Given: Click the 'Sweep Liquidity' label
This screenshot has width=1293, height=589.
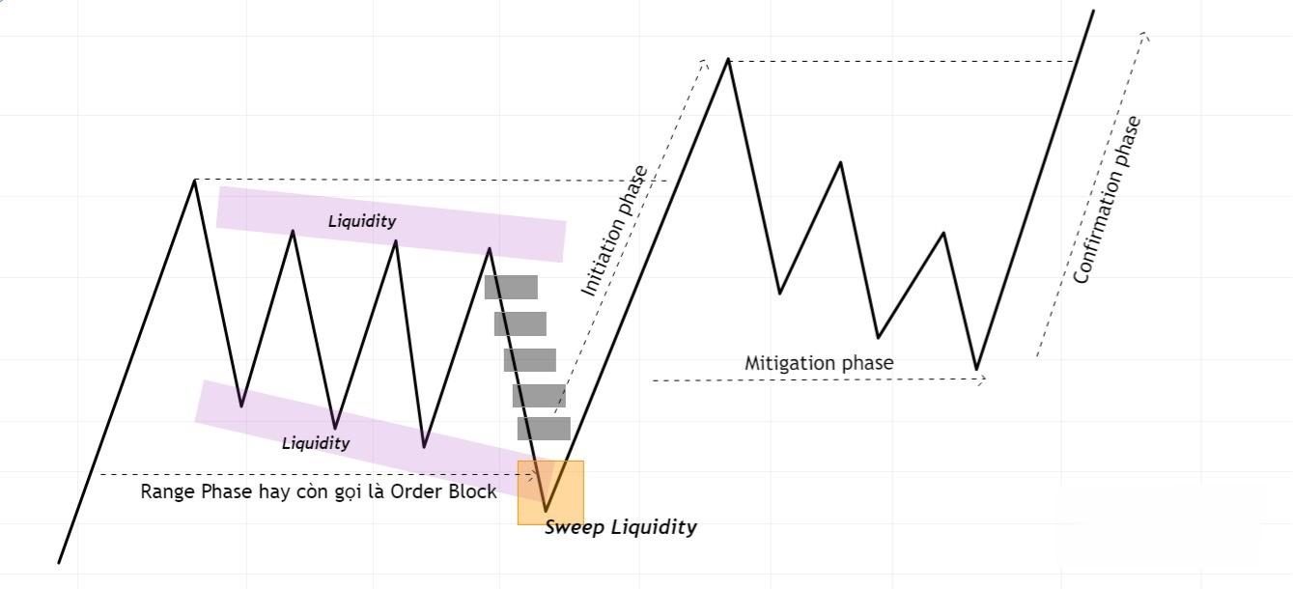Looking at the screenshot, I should coord(620,527).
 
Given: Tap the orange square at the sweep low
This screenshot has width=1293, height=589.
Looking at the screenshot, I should coord(550,492).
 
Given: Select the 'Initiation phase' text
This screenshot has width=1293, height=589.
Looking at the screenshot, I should coord(614,231).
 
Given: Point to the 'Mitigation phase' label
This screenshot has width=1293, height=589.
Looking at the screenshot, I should coord(819,363).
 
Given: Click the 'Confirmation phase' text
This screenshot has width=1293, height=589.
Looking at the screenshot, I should coord(1108,200).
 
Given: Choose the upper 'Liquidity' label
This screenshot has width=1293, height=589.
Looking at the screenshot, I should coord(362,221).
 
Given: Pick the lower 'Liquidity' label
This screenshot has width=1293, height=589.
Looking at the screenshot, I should coord(316,443).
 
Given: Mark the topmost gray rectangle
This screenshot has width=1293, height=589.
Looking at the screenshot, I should coord(511,287).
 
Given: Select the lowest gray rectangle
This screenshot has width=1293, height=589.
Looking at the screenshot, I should coord(544,429).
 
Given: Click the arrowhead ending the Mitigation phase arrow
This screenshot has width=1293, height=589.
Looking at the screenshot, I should coord(981,380).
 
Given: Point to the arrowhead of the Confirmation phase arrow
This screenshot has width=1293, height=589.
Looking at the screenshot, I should coord(1145,36).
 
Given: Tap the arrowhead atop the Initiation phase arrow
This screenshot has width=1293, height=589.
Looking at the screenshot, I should coord(704,64).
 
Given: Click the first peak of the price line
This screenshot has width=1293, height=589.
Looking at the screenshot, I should coord(194,181).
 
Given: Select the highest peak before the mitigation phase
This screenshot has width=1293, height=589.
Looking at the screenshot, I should coord(727,60).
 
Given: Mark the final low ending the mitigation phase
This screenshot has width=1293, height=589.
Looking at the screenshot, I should coord(977,369).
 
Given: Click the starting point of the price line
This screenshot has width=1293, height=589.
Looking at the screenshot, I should coord(60,562).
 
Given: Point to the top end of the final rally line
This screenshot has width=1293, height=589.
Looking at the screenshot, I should coord(1093,11).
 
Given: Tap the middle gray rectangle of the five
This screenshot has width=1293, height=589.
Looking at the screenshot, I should coord(530,360).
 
